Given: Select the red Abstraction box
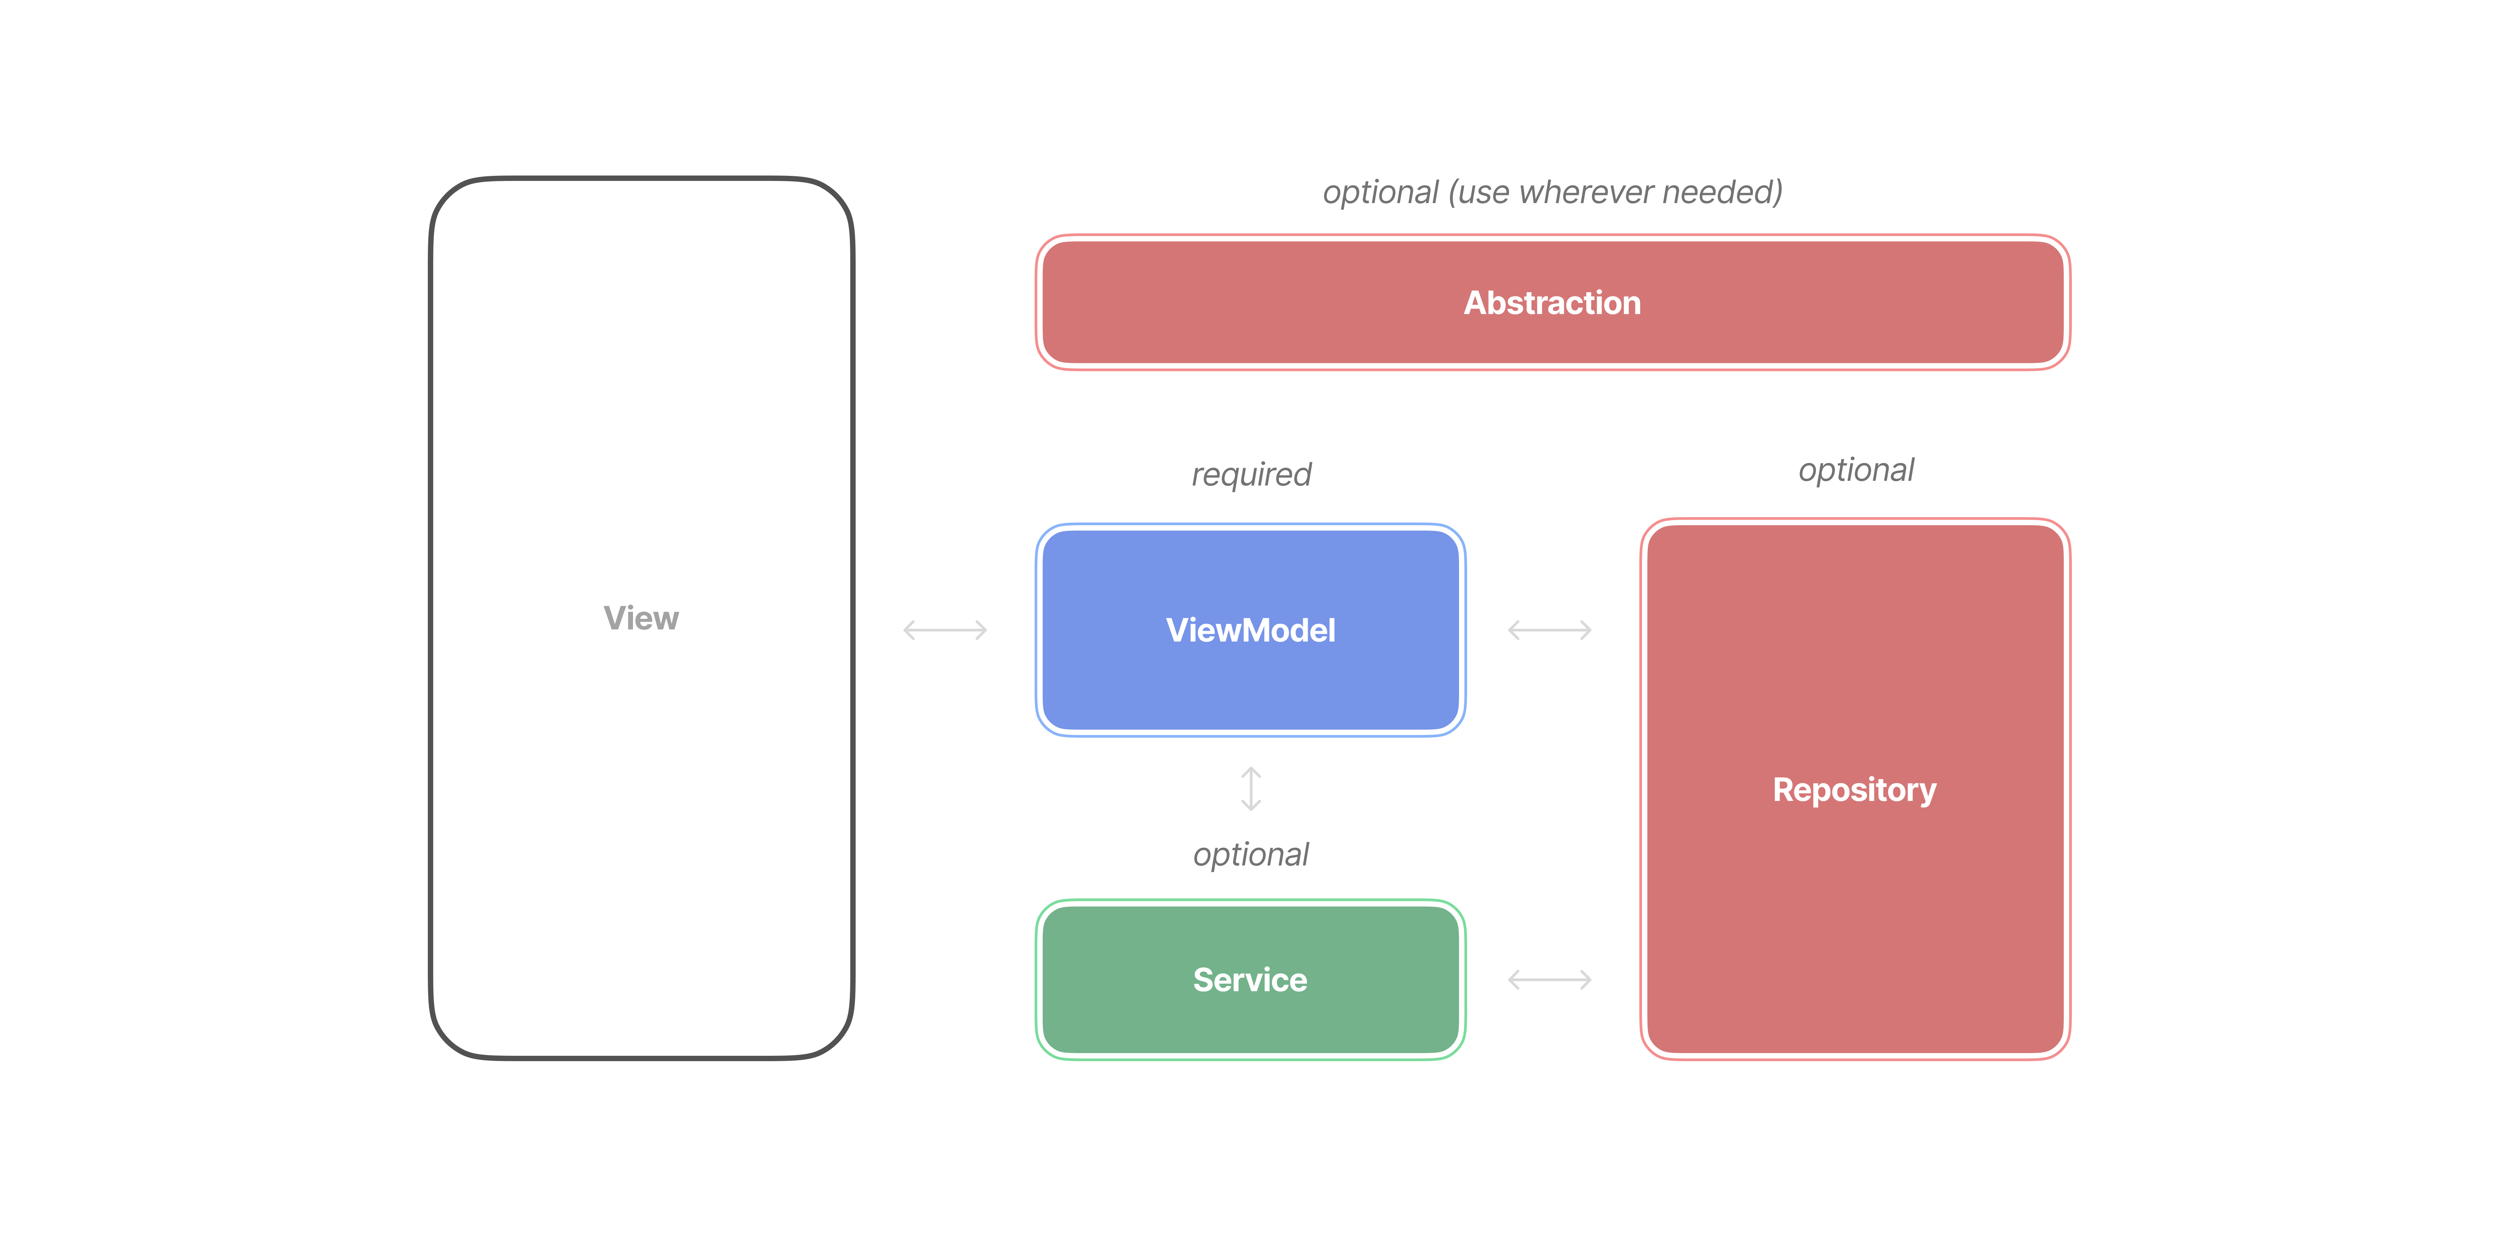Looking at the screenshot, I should [1552, 303].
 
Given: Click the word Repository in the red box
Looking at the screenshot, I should [1854, 790].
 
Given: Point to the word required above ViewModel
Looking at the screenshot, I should [1251, 474].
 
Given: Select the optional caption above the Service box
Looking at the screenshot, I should [1251, 855].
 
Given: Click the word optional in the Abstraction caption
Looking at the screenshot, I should [1379, 192].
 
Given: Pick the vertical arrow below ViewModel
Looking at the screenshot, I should [1251, 789].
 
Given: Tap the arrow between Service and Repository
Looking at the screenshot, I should [1549, 980].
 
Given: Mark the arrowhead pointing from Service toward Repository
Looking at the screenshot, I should [1586, 980].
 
